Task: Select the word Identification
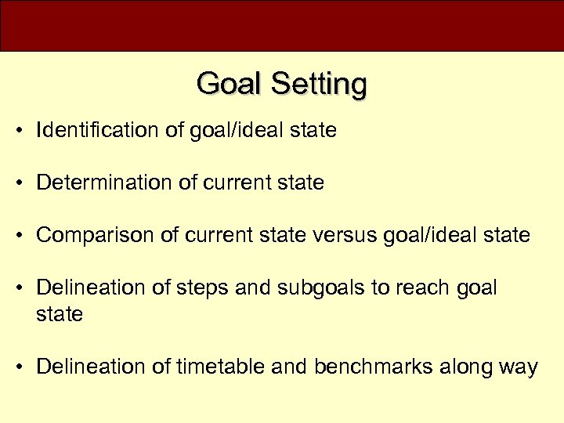click(x=98, y=130)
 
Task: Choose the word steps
click(x=205, y=288)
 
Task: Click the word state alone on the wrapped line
click(x=60, y=315)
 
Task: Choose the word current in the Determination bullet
click(x=235, y=183)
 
